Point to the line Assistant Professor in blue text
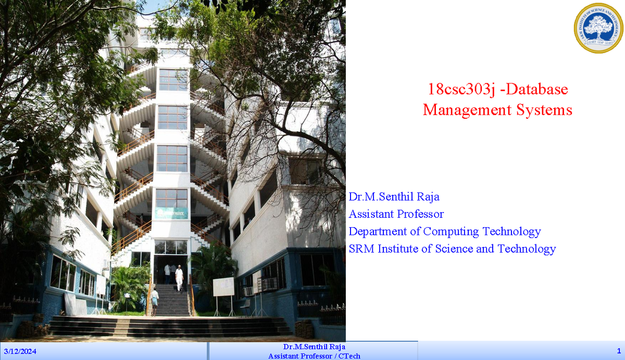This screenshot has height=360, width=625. (x=396, y=214)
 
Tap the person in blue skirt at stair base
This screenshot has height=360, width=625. (x=154, y=302)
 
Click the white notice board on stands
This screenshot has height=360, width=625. (x=223, y=287)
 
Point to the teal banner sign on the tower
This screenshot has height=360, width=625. (x=171, y=212)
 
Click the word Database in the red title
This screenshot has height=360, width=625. (x=537, y=90)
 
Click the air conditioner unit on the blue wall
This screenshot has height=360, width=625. (x=248, y=291)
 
